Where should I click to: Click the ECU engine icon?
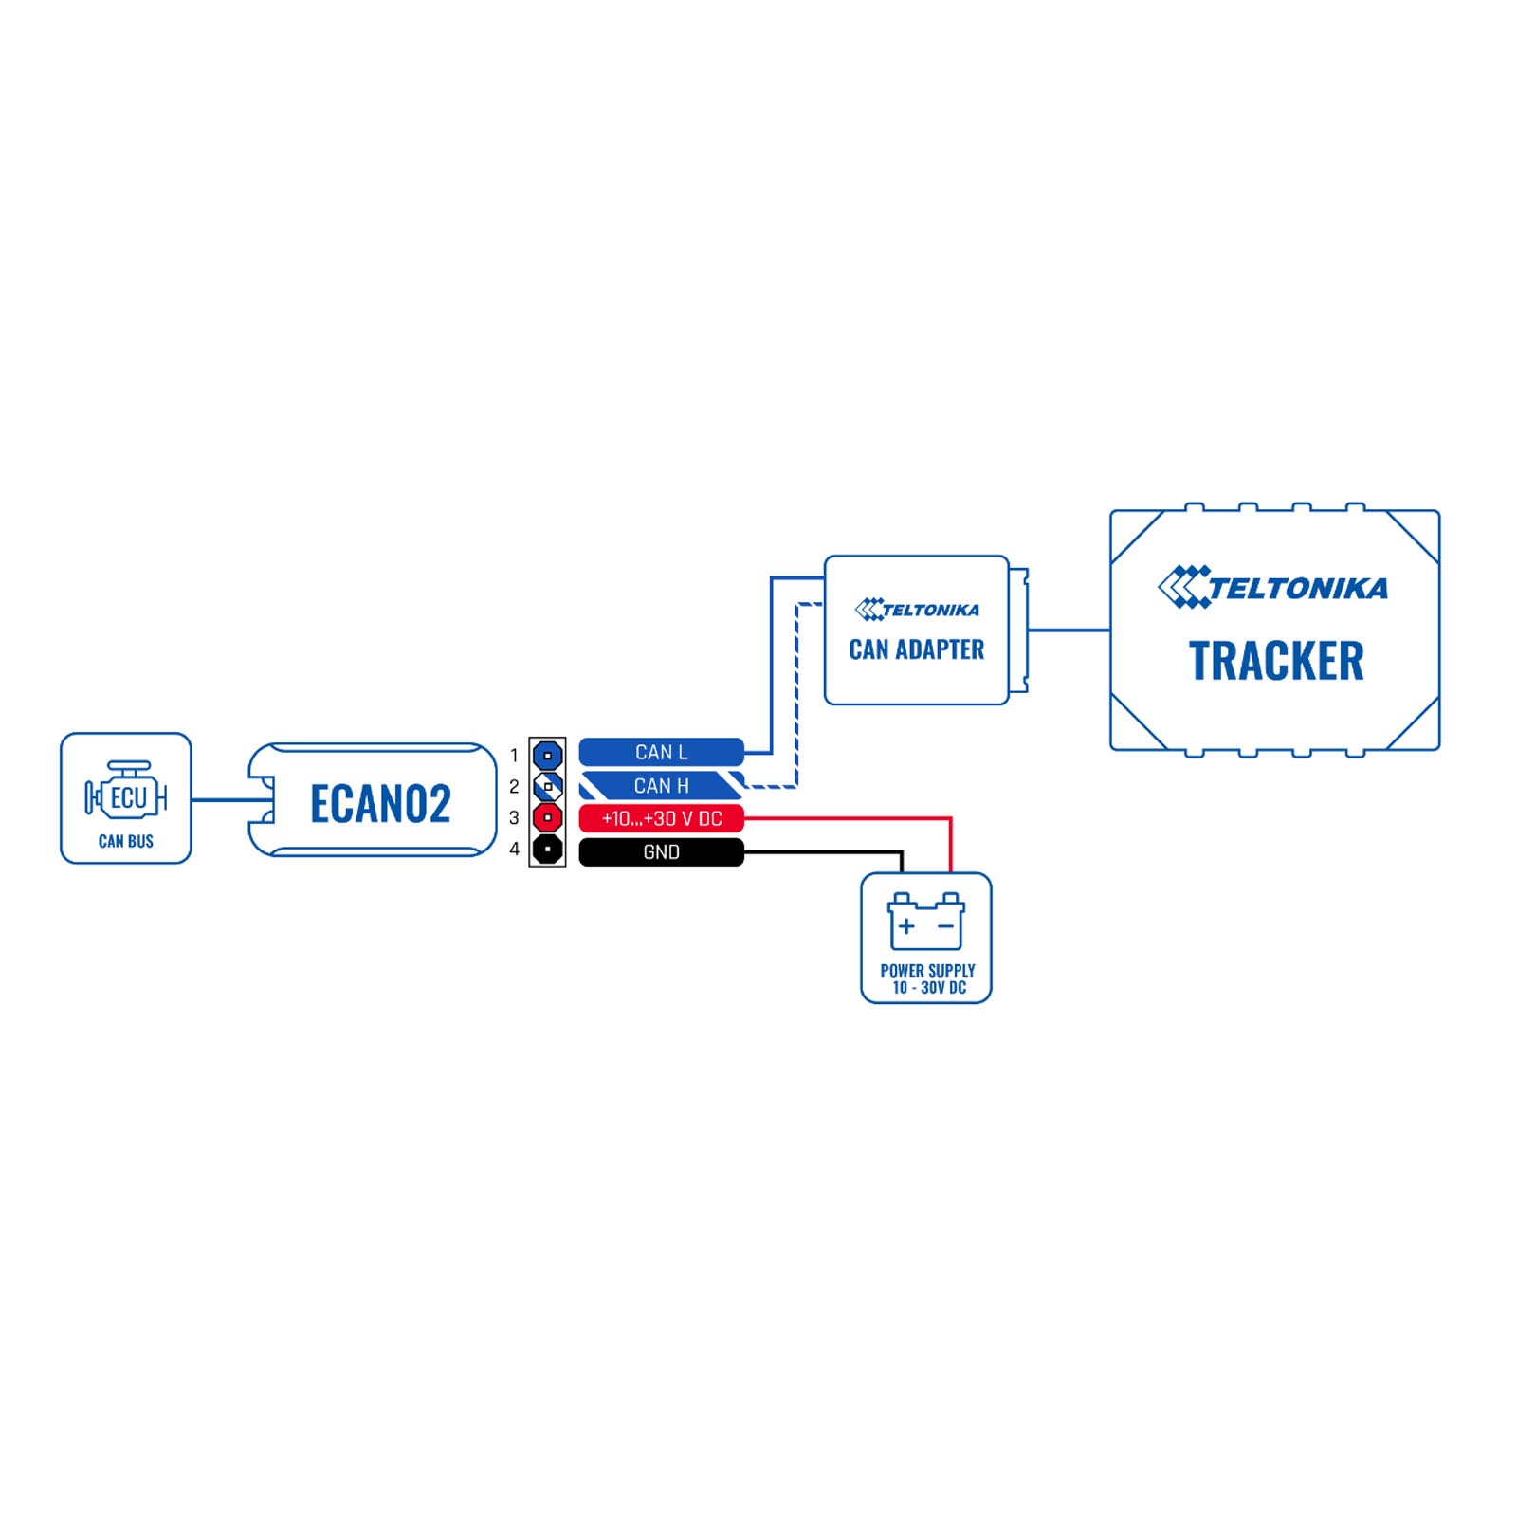click(x=126, y=790)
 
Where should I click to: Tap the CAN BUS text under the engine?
click(x=126, y=841)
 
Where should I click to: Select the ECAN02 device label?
click(x=380, y=804)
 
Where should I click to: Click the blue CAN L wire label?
click(x=661, y=752)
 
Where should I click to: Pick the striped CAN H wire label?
click(x=661, y=785)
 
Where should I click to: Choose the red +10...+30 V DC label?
click(x=661, y=818)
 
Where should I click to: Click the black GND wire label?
click(x=661, y=851)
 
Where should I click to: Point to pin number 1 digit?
click(x=514, y=756)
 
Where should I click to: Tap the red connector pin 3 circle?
click(x=547, y=817)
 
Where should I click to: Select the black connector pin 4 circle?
click(x=547, y=849)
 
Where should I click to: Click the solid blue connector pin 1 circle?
click(x=547, y=756)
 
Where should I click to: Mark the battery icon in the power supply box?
click(x=925, y=921)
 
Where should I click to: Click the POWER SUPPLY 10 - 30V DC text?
click(x=927, y=978)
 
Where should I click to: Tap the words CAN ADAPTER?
click(x=916, y=649)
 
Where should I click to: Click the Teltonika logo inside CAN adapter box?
click(x=916, y=610)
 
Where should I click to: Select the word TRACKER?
click(x=1275, y=661)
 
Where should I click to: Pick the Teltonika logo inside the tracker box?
click(x=1272, y=587)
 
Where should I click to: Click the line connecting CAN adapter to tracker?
click(x=1069, y=630)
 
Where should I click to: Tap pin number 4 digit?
click(x=514, y=849)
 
